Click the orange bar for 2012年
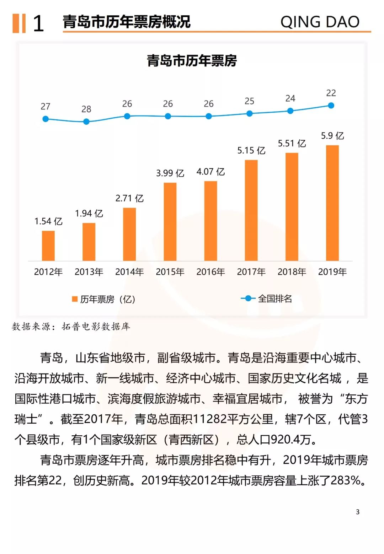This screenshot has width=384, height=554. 48,246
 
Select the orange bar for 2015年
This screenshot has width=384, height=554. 170,222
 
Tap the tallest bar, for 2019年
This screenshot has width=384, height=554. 332,203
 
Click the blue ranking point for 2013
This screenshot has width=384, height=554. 86,122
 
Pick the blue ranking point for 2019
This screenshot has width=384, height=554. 331,106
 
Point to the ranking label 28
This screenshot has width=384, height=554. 86,109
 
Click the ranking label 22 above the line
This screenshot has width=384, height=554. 331,93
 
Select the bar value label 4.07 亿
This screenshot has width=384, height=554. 210,172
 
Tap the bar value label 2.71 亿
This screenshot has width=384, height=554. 129,198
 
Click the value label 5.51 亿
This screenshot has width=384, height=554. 292,144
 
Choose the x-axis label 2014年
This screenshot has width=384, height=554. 129,272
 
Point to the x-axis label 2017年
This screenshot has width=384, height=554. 251,272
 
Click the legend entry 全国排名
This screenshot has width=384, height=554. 274,298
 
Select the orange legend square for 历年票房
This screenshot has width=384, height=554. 75,299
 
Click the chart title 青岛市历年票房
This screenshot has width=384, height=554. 192,61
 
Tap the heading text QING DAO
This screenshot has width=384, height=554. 320,22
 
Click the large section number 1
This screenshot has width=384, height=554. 38,23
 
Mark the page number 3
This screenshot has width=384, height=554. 358,512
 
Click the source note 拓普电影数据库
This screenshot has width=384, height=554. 96,326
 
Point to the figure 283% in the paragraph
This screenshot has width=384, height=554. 346,480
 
